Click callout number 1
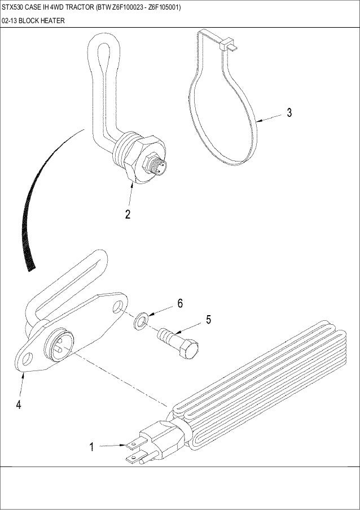point(91,447)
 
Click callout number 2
point(128,215)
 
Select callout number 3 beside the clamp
point(289,112)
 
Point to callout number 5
point(208,320)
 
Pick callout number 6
point(180,303)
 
